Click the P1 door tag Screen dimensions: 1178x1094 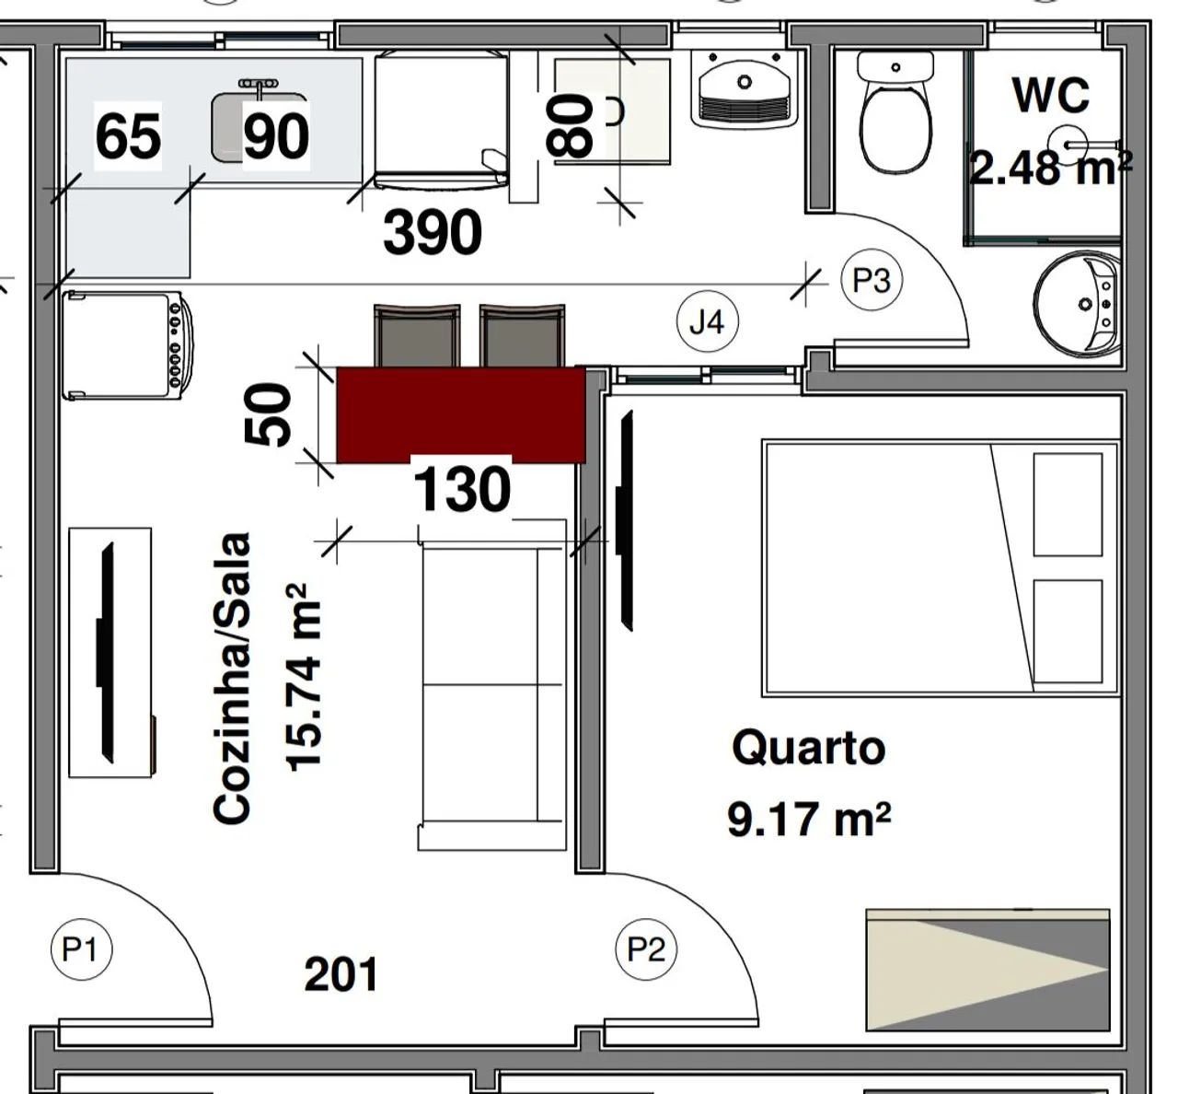coord(81,949)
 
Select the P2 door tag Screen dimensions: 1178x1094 coord(647,949)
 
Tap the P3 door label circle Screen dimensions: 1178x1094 coord(872,280)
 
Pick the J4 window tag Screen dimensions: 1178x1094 coord(708,322)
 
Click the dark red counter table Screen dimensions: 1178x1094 coord(461,414)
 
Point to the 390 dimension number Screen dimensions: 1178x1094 coord(433,232)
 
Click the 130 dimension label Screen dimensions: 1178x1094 coord(461,489)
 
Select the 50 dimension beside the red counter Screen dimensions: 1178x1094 coord(268,413)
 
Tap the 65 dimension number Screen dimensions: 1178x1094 coord(128,136)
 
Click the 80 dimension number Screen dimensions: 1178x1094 coord(570,126)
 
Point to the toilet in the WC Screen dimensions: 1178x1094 coord(895,111)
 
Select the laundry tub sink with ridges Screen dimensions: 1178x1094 coord(745,88)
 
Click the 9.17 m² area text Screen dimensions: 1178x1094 coord(809,820)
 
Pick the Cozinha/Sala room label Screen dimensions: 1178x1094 coord(232,677)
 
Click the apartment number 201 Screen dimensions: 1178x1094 coord(341,973)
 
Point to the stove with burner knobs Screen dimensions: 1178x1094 coord(127,345)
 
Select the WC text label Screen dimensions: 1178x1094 coord(1051,95)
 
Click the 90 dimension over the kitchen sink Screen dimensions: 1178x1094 coord(276,136)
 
